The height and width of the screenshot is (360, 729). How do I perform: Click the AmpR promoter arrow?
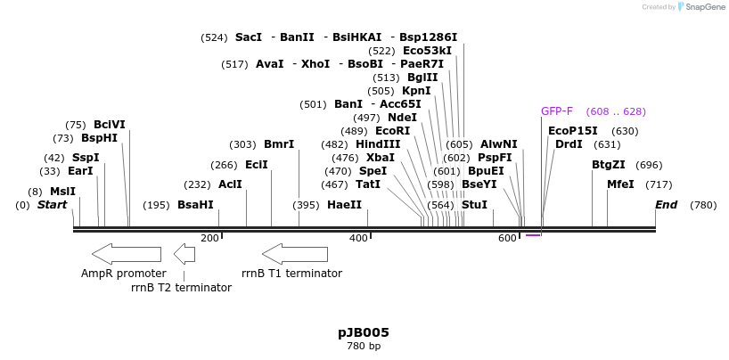126,254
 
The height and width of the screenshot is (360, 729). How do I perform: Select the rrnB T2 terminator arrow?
184,254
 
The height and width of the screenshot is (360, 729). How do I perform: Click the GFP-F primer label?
557,111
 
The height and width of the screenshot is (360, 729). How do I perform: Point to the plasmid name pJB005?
364,332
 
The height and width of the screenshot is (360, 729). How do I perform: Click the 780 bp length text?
364,346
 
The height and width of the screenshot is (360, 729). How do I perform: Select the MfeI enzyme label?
620,184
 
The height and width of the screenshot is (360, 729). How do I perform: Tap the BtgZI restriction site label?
609,165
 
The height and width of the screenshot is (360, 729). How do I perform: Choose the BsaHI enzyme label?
195,205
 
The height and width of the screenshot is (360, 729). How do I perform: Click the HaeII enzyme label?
344,205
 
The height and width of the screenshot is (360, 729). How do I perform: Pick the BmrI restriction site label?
279,144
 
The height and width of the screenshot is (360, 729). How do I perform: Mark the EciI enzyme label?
257,165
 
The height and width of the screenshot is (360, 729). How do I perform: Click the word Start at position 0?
52,205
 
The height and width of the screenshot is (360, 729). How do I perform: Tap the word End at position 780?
667,205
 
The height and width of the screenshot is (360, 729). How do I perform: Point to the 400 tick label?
358,238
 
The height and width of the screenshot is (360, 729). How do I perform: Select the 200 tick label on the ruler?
209,238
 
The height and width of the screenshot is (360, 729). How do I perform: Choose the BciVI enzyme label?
110,125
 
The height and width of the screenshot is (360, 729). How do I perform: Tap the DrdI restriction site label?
569,144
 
